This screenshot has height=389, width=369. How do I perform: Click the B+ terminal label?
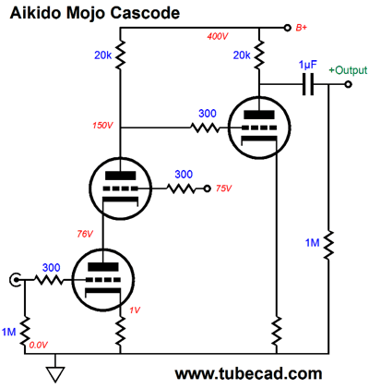(302, 28)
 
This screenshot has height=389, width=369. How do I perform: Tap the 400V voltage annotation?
(218, 36)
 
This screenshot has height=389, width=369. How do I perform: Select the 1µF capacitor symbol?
(308, 84)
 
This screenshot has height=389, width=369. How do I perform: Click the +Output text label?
(348, 70)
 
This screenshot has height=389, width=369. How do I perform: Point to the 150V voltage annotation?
(103, 126)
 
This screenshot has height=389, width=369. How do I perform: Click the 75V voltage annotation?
(223, 188)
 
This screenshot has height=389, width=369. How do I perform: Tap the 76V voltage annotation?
(85, 234)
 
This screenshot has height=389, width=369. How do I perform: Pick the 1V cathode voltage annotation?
(135, 310)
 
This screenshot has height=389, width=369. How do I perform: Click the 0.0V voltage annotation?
(39, 346)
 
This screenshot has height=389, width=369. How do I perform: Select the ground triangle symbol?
(55, 374)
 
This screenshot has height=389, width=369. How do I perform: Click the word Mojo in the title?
(82, 14)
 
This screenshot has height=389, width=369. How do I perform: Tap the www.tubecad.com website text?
(248, 374)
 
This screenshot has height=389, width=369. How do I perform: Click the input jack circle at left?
(15, 280)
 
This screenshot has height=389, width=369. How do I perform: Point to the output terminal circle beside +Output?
(348, 84)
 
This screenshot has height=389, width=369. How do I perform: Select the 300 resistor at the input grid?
(48, 280)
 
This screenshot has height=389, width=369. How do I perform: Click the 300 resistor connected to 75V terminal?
(182, 188)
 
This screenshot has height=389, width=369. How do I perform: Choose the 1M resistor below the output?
(328, 245)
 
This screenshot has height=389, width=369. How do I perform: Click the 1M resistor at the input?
(25, 331)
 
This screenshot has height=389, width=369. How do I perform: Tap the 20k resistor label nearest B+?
(242, 55)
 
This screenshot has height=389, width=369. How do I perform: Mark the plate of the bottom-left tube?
(103, 267)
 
